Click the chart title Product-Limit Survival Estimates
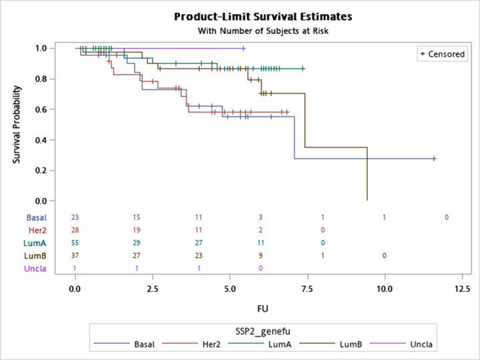click(x=263, y=16)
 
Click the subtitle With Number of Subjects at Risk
click(x=263, y=31)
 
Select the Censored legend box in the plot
click(x=442, y=54)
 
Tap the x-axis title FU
click(x=263, y=309)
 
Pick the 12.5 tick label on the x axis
click(x=461, y=289)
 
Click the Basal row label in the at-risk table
click(x=37, y=217)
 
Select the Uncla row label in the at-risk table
click(x=36, y=268)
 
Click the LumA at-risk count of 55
click(x=75, y=243)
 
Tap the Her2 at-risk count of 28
click(x=75, y=230)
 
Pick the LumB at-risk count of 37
click(x=75, y=255)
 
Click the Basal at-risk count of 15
click(x=137, y=217)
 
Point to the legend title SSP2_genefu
click(x=263, y=331)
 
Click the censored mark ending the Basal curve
click(x=434, y=159)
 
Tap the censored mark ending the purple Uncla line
click(x=244, y=48)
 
